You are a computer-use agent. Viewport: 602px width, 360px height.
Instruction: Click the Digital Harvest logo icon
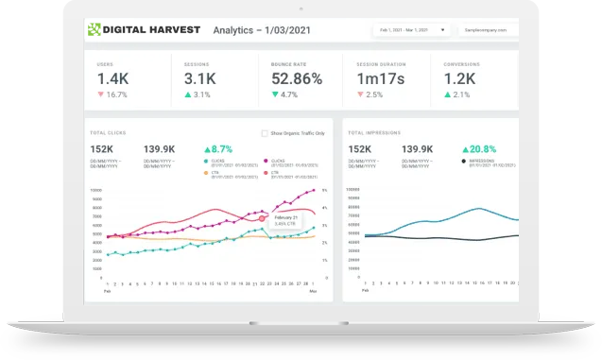[93, 28]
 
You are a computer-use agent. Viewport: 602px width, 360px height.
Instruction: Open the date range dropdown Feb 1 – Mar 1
[410, 29]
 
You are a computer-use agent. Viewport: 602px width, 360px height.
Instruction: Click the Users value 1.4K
[112, 79]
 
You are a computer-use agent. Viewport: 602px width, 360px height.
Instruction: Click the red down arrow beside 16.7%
[101, 95]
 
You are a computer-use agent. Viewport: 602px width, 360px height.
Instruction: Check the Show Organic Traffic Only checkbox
[265, 133]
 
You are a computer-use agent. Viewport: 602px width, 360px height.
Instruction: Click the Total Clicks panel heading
[107, 133]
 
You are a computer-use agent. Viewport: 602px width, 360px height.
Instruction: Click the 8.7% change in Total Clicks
[220, 149]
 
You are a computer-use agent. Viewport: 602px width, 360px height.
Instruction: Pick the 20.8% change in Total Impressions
[482, 149]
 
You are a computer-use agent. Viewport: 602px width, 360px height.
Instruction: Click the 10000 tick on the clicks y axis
[96, 189]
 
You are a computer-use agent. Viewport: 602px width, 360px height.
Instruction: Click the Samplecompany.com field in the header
[491, 29]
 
